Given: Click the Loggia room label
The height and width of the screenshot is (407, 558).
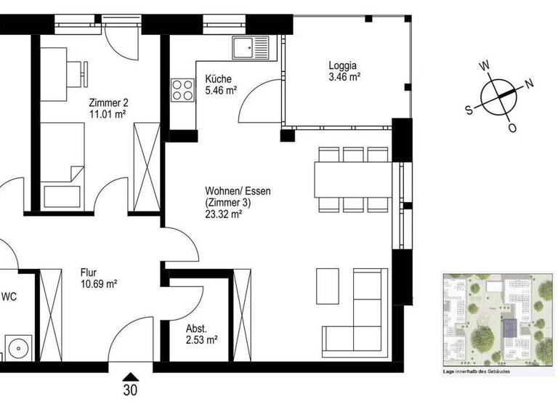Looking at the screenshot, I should tap(344, 63).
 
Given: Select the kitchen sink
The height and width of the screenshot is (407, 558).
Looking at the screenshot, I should tap(251, 49).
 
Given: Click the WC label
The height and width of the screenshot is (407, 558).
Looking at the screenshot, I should tap(10, 297).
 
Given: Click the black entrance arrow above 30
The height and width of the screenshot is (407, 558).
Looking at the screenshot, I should tap(131, 376).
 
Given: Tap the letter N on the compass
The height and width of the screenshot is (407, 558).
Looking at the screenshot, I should tap(530, 83).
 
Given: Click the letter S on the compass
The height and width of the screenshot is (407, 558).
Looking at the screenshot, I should tap(469, 110).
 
